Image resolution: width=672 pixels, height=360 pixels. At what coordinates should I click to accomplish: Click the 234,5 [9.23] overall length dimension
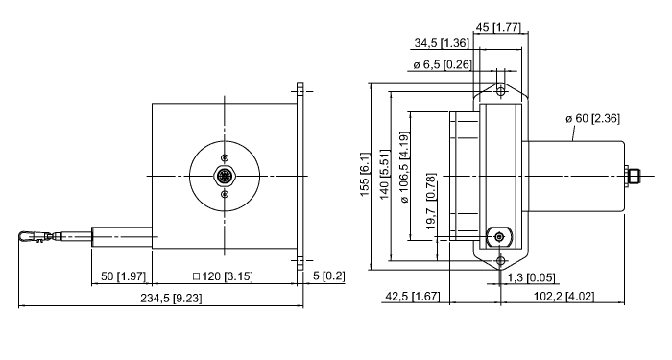160,298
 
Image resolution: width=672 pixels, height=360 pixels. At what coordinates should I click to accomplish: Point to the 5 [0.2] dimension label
327,277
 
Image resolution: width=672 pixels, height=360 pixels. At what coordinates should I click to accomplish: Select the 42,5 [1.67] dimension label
413,296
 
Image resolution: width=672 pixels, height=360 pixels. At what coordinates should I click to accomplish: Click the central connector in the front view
225,177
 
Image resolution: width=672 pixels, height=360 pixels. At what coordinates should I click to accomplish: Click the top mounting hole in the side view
500,90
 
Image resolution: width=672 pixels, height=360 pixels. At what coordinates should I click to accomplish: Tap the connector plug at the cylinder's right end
633,176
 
